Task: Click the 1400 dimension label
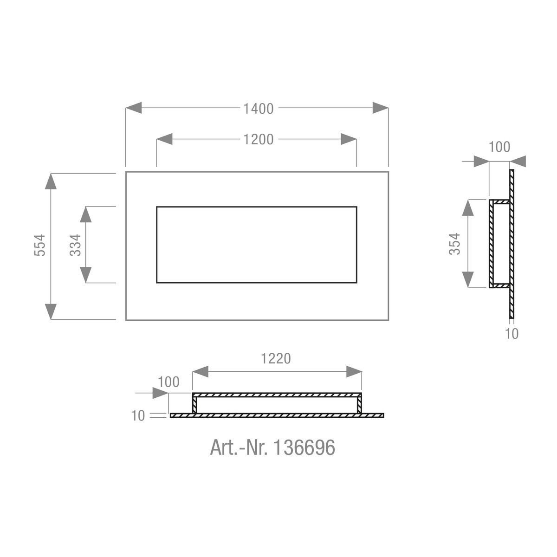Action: point(259,109)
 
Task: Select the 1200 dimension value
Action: point(259,140)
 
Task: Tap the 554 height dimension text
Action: point(40,246)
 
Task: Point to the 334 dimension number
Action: point(76,246)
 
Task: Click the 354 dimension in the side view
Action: point(454,244)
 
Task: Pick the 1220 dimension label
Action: point(276,359)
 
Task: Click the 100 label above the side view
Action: point(499,147)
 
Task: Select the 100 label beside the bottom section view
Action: point(168,382)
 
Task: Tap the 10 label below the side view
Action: point(512,334)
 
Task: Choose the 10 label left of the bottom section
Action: point(138,416)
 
